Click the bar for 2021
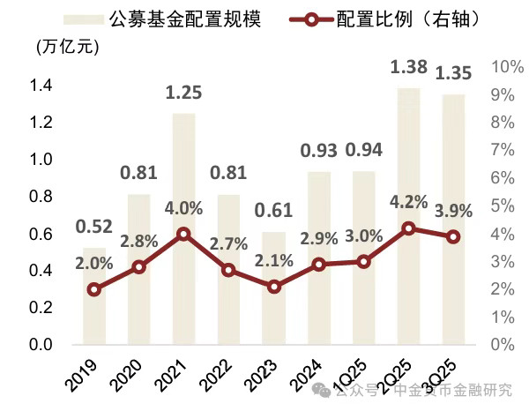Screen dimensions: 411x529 tap(183, 229)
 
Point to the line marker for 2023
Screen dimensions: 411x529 tap(274, 287)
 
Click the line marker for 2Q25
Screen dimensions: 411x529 tap(408, 228)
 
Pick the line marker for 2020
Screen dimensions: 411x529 tap(138, 266)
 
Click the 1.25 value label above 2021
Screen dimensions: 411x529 tap(183, 94)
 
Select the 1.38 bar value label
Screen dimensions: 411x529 tap(408, 69)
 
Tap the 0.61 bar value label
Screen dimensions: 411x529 tap(274, 212)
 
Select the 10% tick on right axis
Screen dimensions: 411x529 tap(504, 67)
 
